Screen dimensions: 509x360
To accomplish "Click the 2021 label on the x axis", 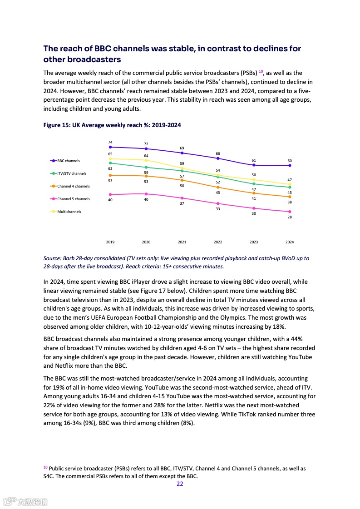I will coord(182,242).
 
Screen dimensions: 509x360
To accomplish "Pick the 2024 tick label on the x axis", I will coord(290,242).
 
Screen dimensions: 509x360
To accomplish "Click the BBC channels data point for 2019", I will coord(110,147).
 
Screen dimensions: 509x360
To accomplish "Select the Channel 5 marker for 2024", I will coord(290,212).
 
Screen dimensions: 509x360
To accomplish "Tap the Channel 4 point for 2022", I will coord(218,187).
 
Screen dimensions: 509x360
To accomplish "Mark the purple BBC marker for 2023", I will coord(254,165).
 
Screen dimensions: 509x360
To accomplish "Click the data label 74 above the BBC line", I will coord(110,142).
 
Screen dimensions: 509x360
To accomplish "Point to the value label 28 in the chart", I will coord(290,217).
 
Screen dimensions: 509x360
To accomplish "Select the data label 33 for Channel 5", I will coord(218,209).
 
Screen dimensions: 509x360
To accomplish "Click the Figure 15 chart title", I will coord(112,125).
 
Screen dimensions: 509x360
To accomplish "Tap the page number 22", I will coord(180,484).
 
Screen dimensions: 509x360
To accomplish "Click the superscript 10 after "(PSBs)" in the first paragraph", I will coord(261,71).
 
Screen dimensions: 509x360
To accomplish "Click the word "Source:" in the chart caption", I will coord(53,258).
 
